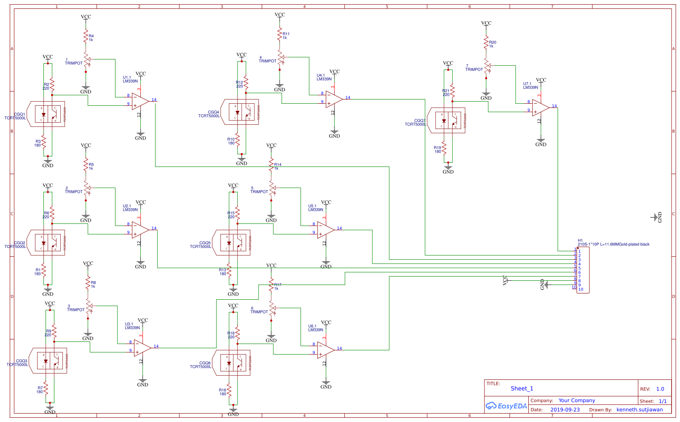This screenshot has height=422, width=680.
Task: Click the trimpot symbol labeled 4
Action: pyautogui.click(x=280, y=57)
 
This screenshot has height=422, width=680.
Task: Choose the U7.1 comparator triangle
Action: pyautogui.click(x=540, y=108)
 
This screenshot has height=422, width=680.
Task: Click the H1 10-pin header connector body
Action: pyautogui.click(x=584, y=270)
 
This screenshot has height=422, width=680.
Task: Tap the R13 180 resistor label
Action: pyautogui.click(x=222, y=272)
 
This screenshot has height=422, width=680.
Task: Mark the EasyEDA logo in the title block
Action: pyautogui.click(x=506, y=406)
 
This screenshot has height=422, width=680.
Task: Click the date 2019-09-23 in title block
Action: pyautogui.click(x=565, y=410)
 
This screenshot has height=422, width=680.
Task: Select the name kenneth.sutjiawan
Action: pyautogui.click(x=640, y=410)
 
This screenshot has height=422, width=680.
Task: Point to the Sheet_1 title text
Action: pyautogui.click(x=522, y=389)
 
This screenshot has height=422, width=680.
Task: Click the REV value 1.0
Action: pyautogui.click(x=660, y=389)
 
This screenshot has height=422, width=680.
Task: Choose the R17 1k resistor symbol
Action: pyautogui.click(x=271, y=286)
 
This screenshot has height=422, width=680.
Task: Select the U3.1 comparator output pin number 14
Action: pyautogui.click(x=156, y=346)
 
